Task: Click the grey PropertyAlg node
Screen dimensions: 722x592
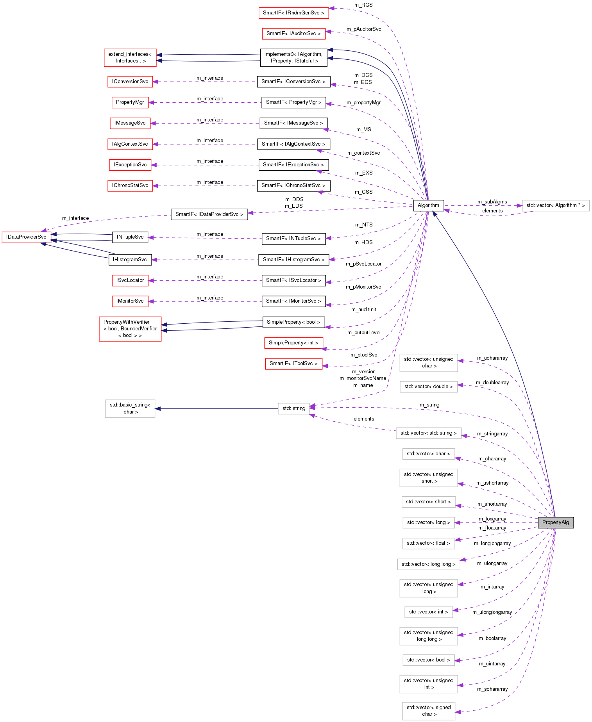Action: (555, 522)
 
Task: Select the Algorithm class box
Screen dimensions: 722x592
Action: (428, 205)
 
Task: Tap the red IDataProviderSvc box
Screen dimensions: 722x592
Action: (26, 237)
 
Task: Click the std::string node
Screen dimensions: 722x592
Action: (293, 408)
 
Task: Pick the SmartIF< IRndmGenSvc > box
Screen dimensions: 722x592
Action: (293, 13)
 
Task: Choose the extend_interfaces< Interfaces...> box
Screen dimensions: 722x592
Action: (130, 57)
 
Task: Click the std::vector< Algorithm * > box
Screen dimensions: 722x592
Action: (555, 205)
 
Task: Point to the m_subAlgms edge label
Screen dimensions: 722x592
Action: (492, 202)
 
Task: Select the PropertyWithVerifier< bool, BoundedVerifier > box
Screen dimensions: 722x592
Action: (130, 329)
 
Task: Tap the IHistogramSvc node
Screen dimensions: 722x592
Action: (130, 260)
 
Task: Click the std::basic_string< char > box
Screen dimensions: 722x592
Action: (130, 408)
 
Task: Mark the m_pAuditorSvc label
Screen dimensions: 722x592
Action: (363, 29)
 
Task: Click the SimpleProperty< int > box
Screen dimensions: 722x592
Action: (293, 343)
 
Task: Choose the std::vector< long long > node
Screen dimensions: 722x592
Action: (428, 564)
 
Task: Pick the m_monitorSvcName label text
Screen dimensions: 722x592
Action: (363, 378)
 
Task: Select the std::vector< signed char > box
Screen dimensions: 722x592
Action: (428, 711)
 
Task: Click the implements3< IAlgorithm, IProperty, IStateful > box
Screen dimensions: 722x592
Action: (293, 57)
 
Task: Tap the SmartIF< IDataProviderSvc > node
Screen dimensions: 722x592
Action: (209, 214)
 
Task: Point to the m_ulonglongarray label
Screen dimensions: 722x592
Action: (492, 612)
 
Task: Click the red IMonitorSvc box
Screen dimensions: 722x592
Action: (130, 301)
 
